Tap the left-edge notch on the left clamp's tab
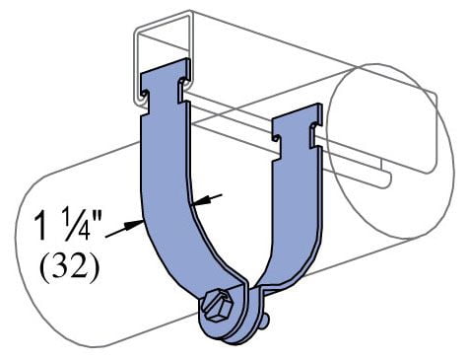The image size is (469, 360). pos(144,96)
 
